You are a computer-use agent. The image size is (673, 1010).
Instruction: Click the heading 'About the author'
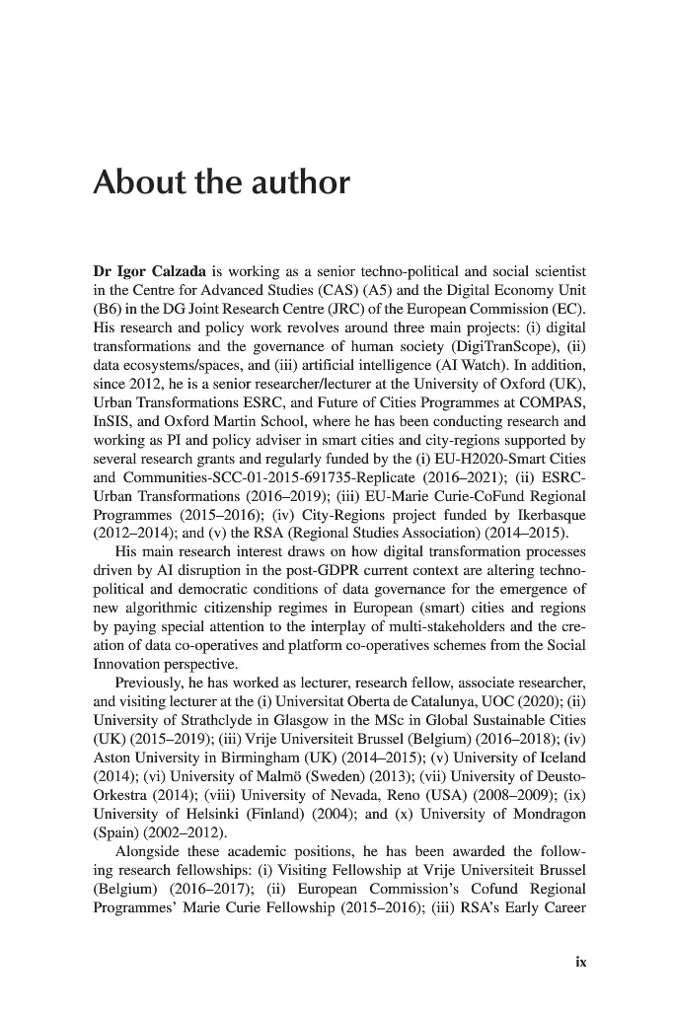click(x=221, y=183)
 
